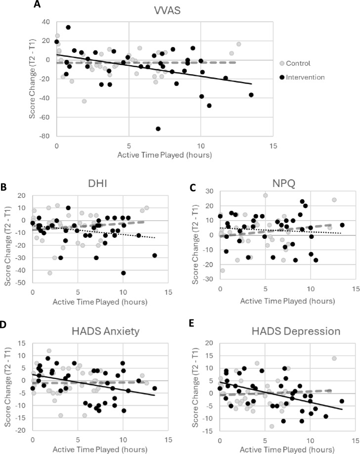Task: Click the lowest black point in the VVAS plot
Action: pyautogui.click(x=158, y=129)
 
